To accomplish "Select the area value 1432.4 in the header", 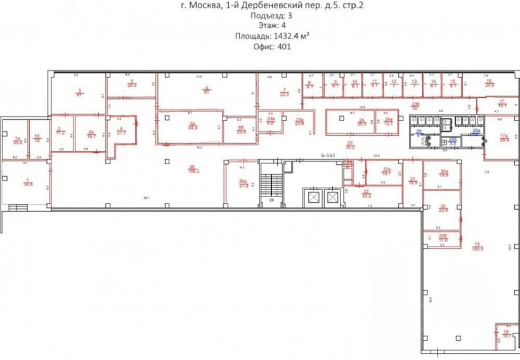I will (x=289, y=36).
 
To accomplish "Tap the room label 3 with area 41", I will (x=79, y=93).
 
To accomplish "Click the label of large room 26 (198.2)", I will (x=192, y=169).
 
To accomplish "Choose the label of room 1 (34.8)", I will (x=28, y=183).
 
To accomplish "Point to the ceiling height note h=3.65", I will (x=330, y=155).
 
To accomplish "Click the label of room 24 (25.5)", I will (x=361, y=122).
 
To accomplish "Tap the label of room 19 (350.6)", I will (x=478, y=248).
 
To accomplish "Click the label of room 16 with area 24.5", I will (x=489, y=82).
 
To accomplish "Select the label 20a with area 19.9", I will (x=444, y=174).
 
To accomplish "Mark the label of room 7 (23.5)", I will (x=285, y=93).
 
